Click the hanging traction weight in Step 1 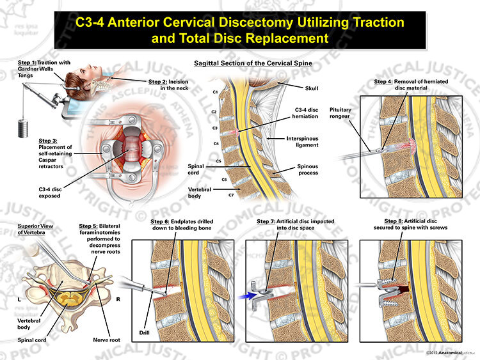[23, 128]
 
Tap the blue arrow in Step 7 [248, 296]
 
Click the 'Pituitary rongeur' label [340, 113]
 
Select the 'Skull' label [312, 88]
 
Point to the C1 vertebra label [215, 92]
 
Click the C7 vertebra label [231, 195]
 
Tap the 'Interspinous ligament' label [303, 141]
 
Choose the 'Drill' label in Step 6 [144, 333]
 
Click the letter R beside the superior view [118, 299]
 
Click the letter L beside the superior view [20, 299]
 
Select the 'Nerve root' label [106, 340]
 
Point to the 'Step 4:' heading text [383, 82]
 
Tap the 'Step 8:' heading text [394, 221]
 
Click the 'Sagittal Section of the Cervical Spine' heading [253, 63]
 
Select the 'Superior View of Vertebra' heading [35, 229]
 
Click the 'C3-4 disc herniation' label [305, 113]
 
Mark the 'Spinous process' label [307, 169]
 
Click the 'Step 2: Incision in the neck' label [168, 84]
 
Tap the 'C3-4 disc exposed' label [50, 192]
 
